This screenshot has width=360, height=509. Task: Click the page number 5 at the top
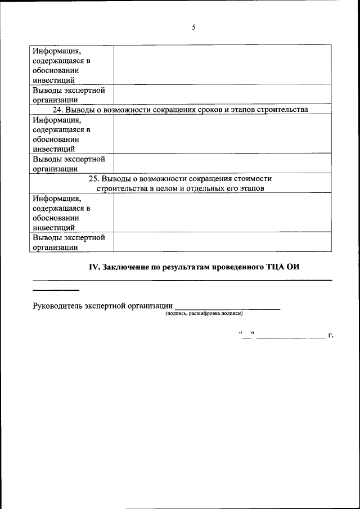tap(193, 27)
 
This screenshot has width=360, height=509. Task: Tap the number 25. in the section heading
tap(96, 178)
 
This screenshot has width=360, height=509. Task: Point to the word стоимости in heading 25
tap(248, 178)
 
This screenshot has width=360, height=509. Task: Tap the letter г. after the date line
tap(331, 336)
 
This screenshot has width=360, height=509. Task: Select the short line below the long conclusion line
tap(56, 290)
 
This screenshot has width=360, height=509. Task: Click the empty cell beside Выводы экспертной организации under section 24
tap(222, 163)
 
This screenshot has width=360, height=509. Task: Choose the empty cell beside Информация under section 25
tap(222, 213)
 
